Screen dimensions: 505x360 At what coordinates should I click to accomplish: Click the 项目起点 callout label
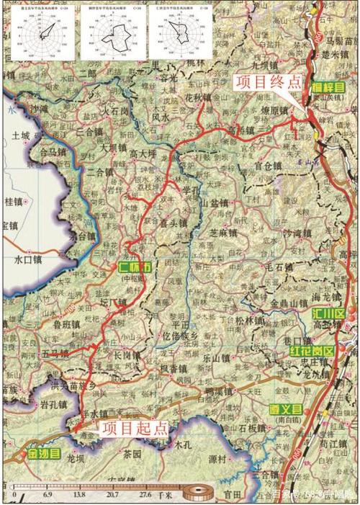134,428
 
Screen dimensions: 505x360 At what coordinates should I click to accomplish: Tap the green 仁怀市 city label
136,267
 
